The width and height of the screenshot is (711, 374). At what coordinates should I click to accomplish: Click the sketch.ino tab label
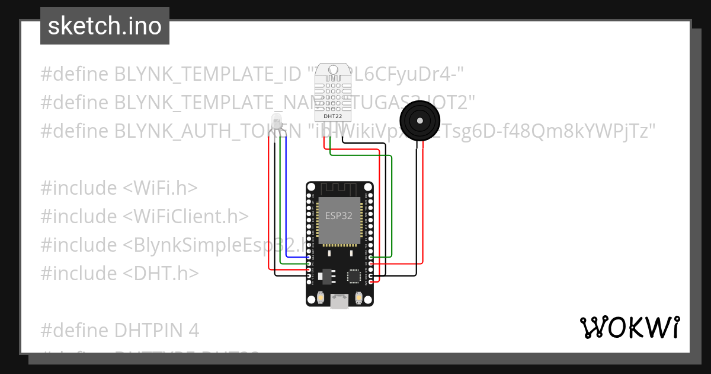click(105, 26)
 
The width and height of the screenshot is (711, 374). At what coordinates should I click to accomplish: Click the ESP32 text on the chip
click(340, 215)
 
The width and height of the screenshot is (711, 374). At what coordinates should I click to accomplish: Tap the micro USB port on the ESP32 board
click(340, 302)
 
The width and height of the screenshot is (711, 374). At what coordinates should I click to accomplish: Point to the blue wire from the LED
click(286, 196)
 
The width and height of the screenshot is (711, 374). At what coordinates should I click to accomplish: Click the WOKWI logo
click(629, 327)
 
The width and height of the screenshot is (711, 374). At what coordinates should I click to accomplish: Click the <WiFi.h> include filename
click(160, 188)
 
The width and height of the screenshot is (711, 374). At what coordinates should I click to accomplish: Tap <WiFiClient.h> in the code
click(185, 217)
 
